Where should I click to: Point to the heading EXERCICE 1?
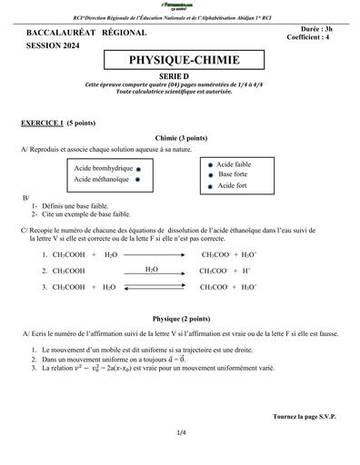pyautogui.click(x=42, y=121)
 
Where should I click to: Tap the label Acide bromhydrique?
pyautogui.click(x=104, y=168)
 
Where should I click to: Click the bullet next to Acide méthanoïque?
pyautogui.click(x=137, y=180)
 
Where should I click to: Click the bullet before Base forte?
pyautogui.click(x=211, y=174)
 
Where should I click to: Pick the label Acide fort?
pyautogui.click(x=232, y=185)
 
